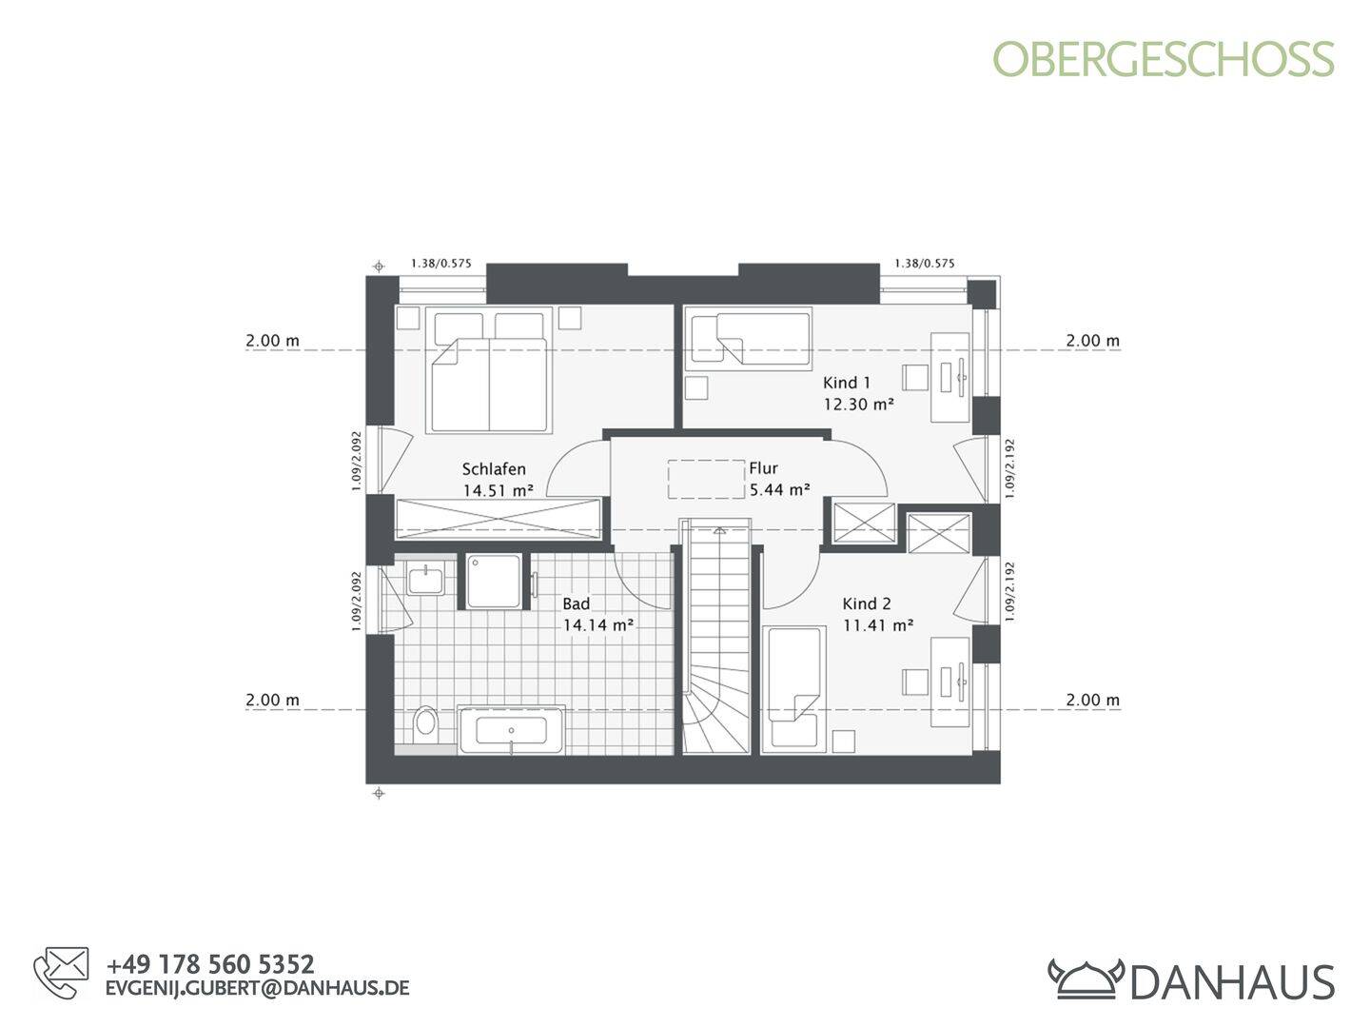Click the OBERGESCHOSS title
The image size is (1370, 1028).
(1164, 59)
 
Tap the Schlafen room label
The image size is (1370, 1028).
(494, 469)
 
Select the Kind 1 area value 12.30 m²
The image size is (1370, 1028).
(858, 404)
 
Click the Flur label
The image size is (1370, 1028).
(763, 468)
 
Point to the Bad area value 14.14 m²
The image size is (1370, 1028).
(598, 625)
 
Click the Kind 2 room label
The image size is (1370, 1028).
(867, 603)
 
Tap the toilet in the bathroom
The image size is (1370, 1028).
(425, 723)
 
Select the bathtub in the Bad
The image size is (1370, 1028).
(512, 731)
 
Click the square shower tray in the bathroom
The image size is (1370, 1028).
(494, 581)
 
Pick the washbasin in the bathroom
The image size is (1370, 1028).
(423, 579)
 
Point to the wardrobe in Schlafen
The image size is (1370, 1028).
(498, 518)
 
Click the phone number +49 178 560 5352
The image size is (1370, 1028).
(210, 964)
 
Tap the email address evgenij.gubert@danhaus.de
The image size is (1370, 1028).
(257, 988)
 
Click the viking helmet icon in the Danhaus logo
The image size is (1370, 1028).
(1086, 978)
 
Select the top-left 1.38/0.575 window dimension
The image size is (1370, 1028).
(440, 264)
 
